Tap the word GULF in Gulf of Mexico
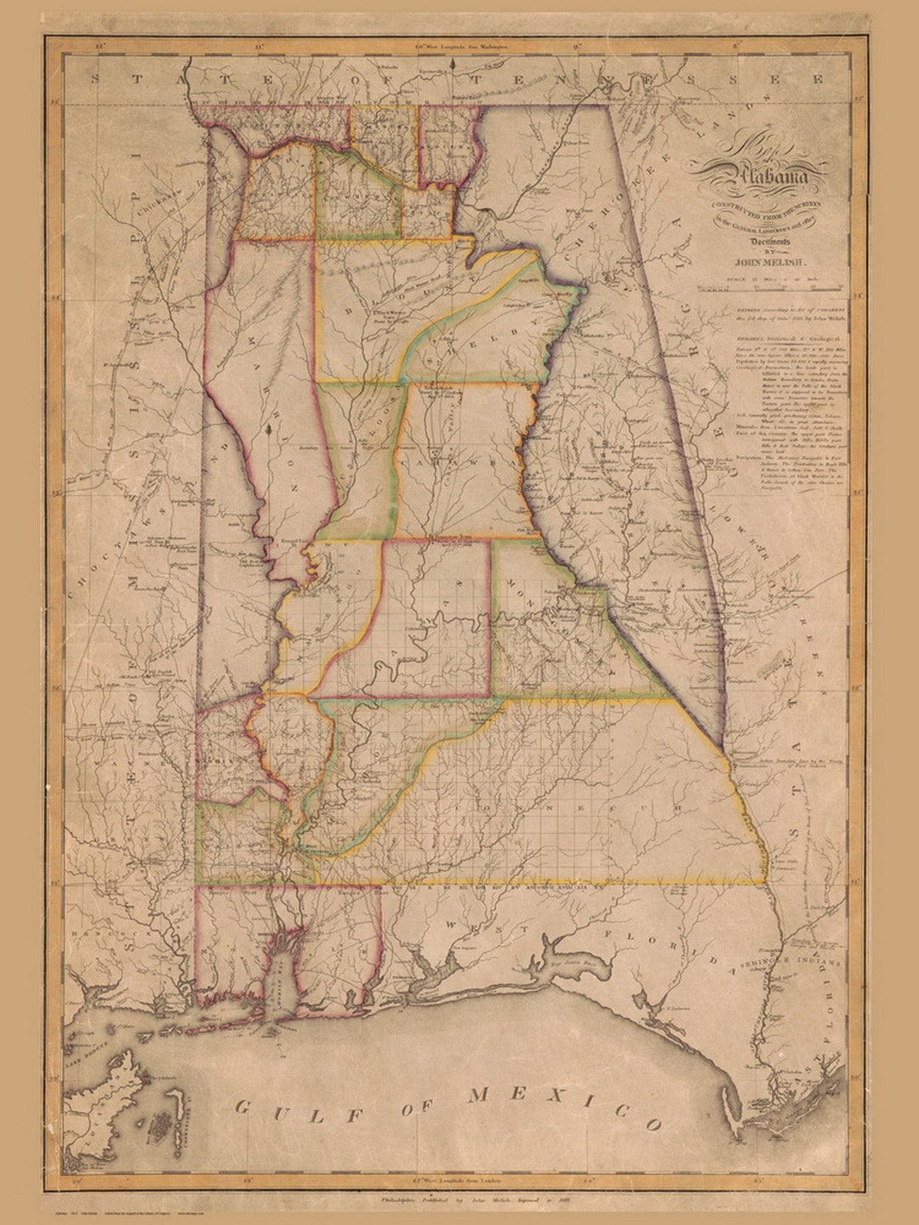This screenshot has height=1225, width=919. coord(282,1110)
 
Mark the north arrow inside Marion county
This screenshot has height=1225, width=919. coord(270,432)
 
